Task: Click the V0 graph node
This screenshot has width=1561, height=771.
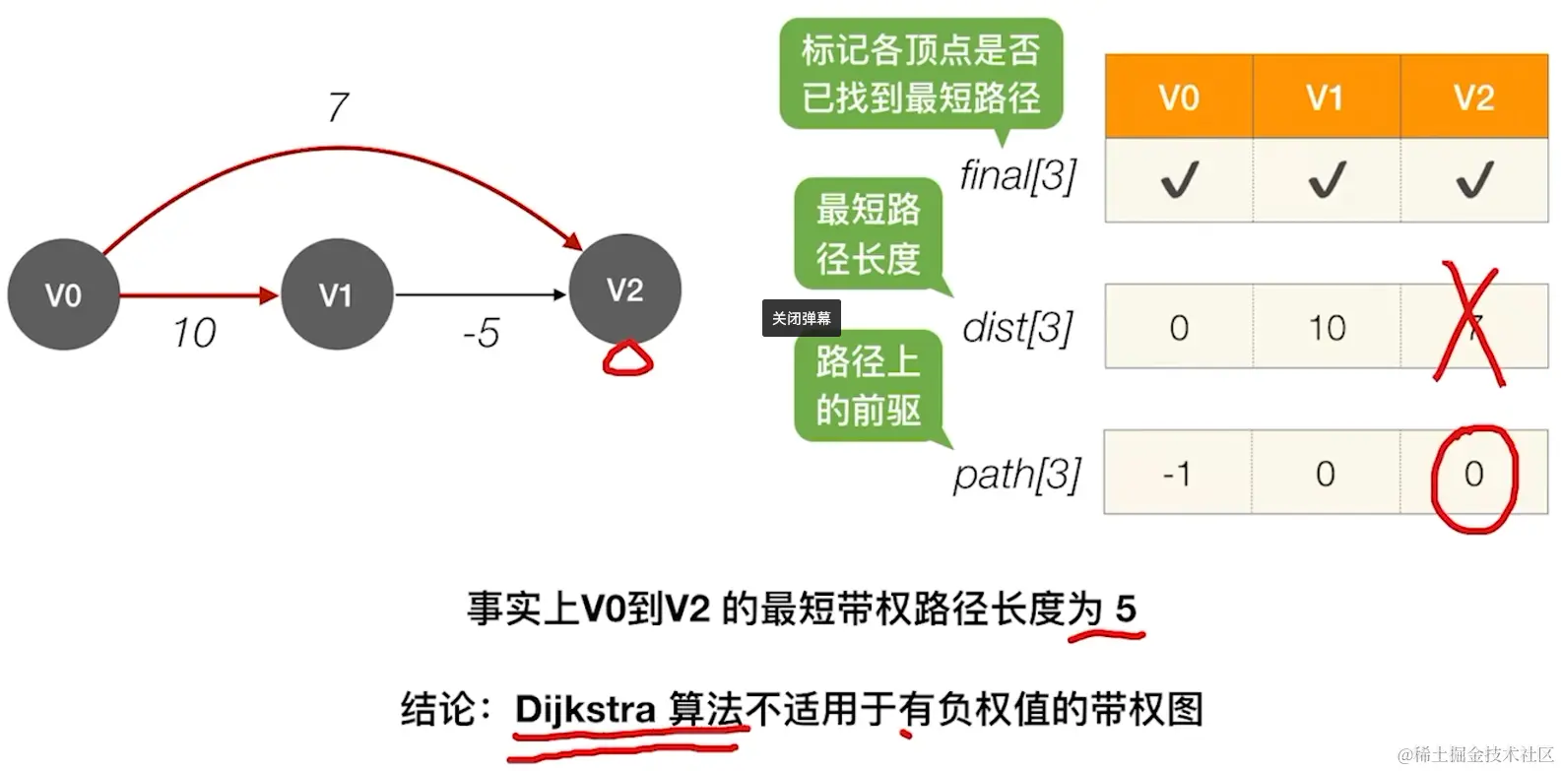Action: (x=63, y=294)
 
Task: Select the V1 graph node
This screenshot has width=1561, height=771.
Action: (x=336, y=294)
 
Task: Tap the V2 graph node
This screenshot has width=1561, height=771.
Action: (x=625, y=289)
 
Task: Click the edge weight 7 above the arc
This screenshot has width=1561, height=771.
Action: (x=338, y=106)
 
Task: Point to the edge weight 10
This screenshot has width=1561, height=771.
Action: (x=194, y=334)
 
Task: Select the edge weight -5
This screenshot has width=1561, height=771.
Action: (x=481, y=334)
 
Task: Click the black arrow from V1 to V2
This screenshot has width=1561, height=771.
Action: (x=481, y=294)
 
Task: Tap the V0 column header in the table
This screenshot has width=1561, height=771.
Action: (x=1178, y=97)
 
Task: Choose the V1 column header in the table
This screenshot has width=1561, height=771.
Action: (x=1326, y=97)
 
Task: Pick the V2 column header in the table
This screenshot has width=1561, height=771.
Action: (x=1473, y=97)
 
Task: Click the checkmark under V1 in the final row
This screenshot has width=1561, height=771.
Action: (x=1326, y=179)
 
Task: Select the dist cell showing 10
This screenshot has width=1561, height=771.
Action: (x=1326, y=327)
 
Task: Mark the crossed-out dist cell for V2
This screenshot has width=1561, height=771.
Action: (x=1471, y=327)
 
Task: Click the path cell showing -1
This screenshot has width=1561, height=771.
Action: (x=1177, y=474)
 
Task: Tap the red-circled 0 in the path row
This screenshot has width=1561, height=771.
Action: (x=1473, y=474)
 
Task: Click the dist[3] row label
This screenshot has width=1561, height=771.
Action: (x=1018, y=327)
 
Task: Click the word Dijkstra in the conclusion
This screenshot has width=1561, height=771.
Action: (x=585, y=709)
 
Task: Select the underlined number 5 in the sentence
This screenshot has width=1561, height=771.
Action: (x=1126, y=610)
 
